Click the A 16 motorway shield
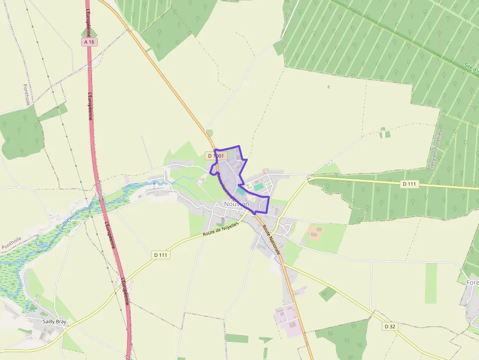89,42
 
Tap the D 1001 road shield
216,155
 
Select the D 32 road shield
390,326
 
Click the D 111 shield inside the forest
410,184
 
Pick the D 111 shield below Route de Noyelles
161,255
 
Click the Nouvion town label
237,204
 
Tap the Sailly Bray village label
54,322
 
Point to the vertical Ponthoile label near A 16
27,95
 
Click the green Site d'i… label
471,68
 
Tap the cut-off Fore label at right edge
472,282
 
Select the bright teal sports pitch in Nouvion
258,187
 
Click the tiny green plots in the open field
385,132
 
